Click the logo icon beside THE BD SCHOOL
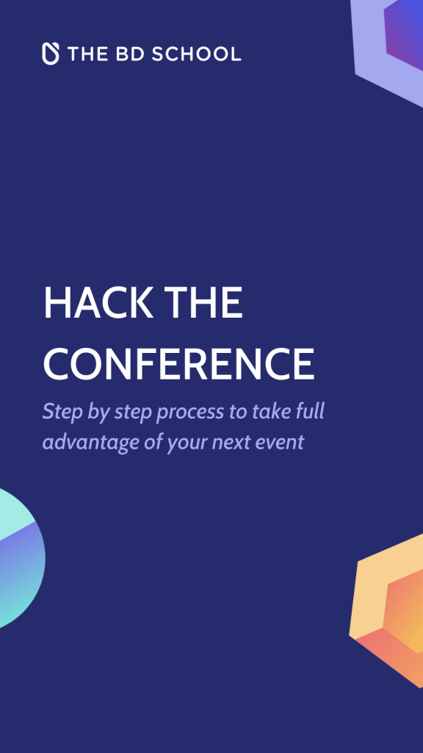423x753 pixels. [51, 54]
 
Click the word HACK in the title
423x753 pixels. [98, 303]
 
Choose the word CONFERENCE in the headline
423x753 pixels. [178, 363]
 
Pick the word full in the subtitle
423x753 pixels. [310, 412]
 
